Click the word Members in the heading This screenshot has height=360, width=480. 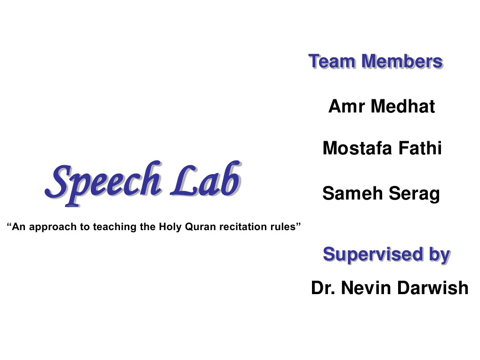click(403, 62)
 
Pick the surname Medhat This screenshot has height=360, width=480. click(403, 106)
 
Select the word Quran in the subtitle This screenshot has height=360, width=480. click(199, 227)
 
